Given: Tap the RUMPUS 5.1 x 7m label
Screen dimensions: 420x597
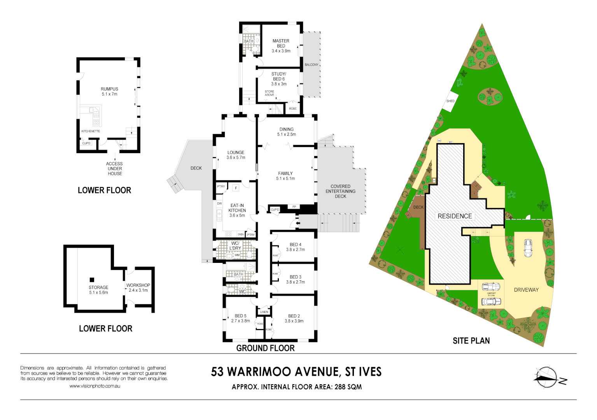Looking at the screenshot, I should tap(109, 91).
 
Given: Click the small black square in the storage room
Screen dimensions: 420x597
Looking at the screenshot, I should tap(92, 280).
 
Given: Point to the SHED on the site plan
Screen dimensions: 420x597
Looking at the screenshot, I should tap(450, 101).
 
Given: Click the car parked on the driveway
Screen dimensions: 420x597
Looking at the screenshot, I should tap(528, 248).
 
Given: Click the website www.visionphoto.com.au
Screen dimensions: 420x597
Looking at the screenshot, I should tap(95, 386).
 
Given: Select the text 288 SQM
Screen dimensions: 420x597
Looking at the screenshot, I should tap(348, 387).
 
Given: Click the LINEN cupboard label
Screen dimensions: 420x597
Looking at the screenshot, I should tap(264, 312).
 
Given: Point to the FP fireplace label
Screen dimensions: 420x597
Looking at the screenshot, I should tap(294, 206).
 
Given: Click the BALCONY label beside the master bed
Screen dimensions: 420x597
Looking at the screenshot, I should tap(311, 65).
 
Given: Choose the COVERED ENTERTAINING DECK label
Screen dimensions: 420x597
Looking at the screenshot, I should tap(340, 191).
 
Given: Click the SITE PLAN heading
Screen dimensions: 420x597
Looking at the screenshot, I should tap(471, 341).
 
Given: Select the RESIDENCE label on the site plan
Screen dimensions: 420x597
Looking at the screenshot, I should tap(455, 216).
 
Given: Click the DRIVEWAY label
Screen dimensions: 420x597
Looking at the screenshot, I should tap(526, 290).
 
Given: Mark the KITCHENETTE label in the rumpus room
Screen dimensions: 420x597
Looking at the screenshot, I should tap(91, 131).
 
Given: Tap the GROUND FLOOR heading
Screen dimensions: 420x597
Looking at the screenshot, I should tap(265, 348).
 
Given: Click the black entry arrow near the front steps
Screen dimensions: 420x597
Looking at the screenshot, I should tap(298, 223).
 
